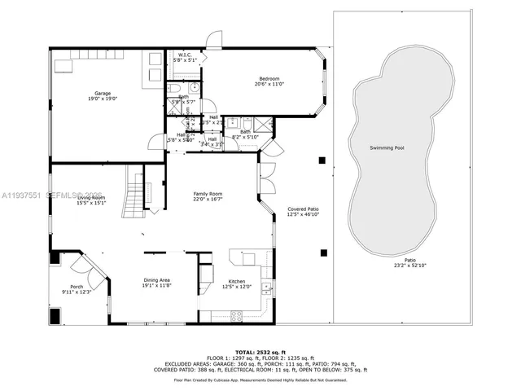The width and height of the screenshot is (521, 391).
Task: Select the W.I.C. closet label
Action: tap(184, 55)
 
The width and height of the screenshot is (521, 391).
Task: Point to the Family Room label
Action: tap(208, 194)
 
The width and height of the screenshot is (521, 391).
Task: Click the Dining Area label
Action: tap(157, 279)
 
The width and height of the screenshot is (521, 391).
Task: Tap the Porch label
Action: tap(77, 286)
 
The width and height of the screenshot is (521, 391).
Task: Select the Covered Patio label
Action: tap(303, 209)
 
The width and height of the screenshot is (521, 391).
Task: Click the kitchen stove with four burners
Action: tap(239, 315)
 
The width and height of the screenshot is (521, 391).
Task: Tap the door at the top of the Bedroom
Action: tap(214, 38)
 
